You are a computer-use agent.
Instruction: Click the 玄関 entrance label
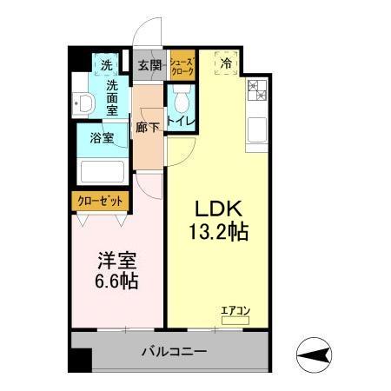pos(149,66)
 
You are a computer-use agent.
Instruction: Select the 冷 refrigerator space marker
pos(226,63)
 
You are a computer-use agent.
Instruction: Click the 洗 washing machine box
pos(106,65)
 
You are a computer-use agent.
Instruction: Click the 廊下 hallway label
pos(148,128)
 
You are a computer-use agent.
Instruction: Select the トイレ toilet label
pos(181,121)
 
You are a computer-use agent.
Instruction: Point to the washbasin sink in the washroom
pos(84,103)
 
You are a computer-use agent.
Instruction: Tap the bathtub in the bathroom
pos(103,169)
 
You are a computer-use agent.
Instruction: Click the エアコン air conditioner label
pos(235,308)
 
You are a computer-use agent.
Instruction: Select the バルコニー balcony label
pos(175,353)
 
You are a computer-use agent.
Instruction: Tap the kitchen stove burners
pos(258,89)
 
